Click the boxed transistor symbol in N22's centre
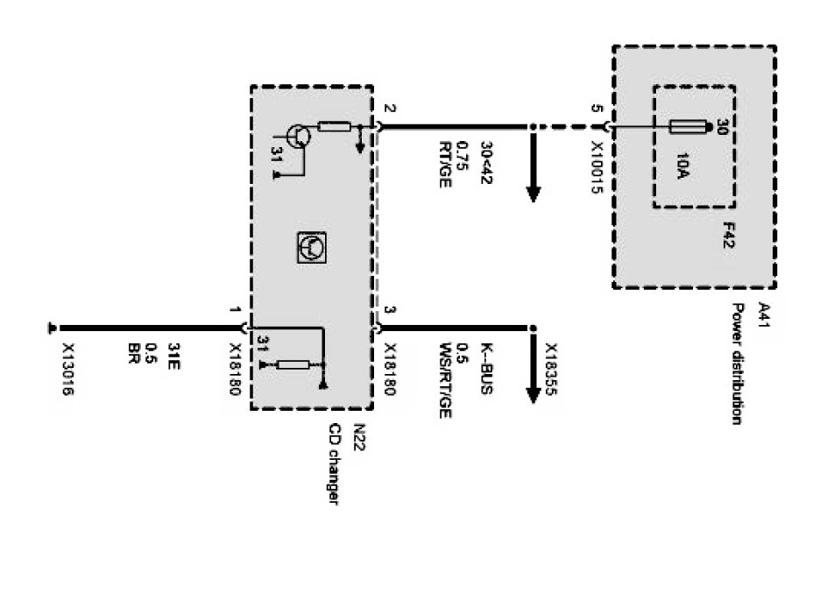click(x=312, y=249)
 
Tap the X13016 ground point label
click(x=67, y=369)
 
